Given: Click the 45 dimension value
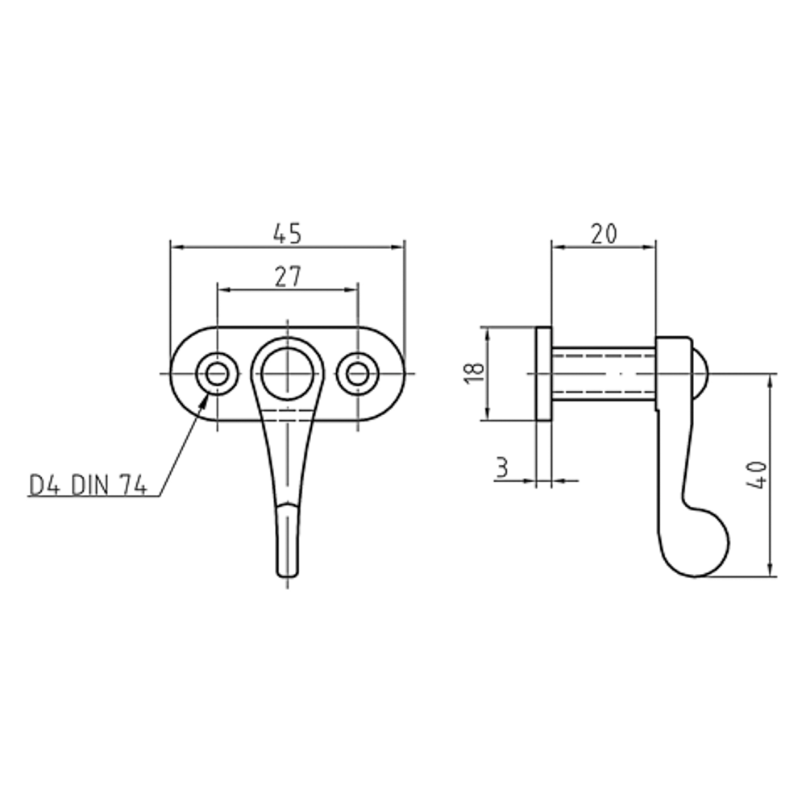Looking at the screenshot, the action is pyautogui.click(x=287, y=234).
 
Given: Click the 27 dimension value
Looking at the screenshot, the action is pyautogui.click(x=288, y=277).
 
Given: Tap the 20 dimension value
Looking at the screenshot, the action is pyautogui.click(x=604, y=234).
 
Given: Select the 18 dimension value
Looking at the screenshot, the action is pyautogui.click(x=475, y=372).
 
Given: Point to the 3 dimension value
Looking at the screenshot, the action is pyautogui.click(x=502, y=467).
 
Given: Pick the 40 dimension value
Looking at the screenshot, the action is pyautogui.click(x=756, y=476).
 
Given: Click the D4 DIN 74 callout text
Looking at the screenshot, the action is pyautogui.click(x=89, y=485).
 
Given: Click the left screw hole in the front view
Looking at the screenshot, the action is pyautogui.click(x=217, y=374).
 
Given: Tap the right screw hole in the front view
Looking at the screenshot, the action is pyautogui.click(x=358, y=374).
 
